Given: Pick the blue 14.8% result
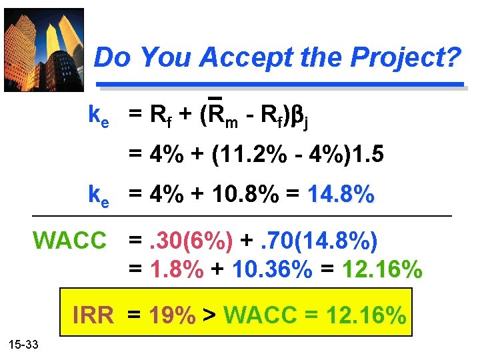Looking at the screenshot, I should pos(341,195).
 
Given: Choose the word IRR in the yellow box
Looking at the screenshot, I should pos(93,314).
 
